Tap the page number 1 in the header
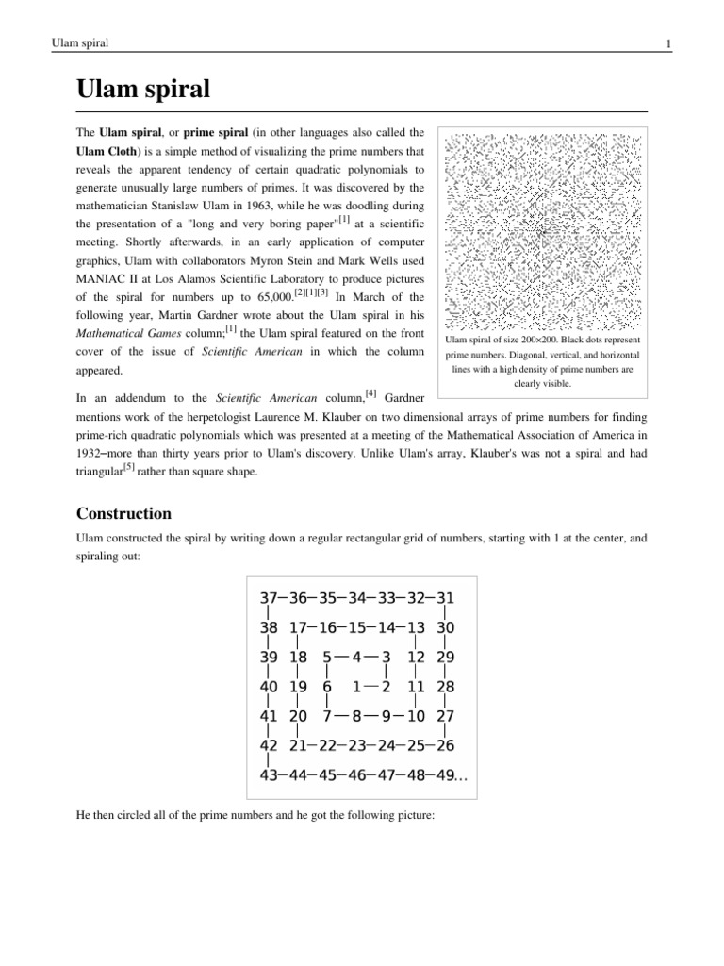coord(667,44)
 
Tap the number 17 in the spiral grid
coord(301,627)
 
